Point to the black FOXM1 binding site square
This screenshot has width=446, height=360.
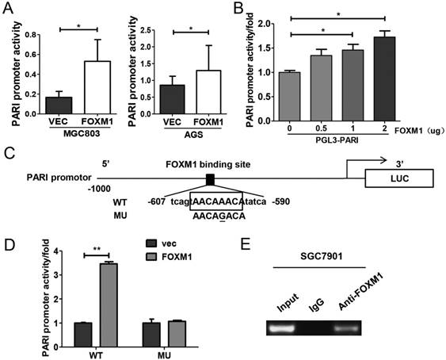(x=210, y=179)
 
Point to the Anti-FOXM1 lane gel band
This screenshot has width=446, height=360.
(x=346, y=327)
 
